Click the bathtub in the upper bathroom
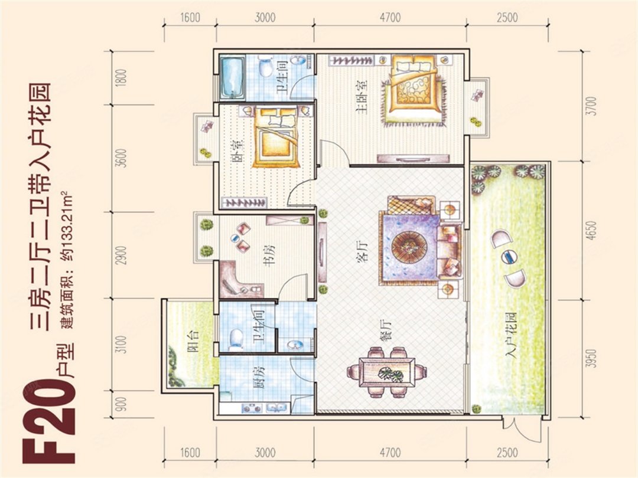point(233,78)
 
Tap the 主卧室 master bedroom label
point(362,96)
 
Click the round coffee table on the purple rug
point(409,247)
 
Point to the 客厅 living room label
point(362,251)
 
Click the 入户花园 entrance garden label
point(510,336)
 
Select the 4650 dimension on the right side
point(593,231)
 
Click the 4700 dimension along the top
point(390,18)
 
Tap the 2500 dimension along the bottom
point(507,453)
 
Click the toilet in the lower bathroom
point(236,339)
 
